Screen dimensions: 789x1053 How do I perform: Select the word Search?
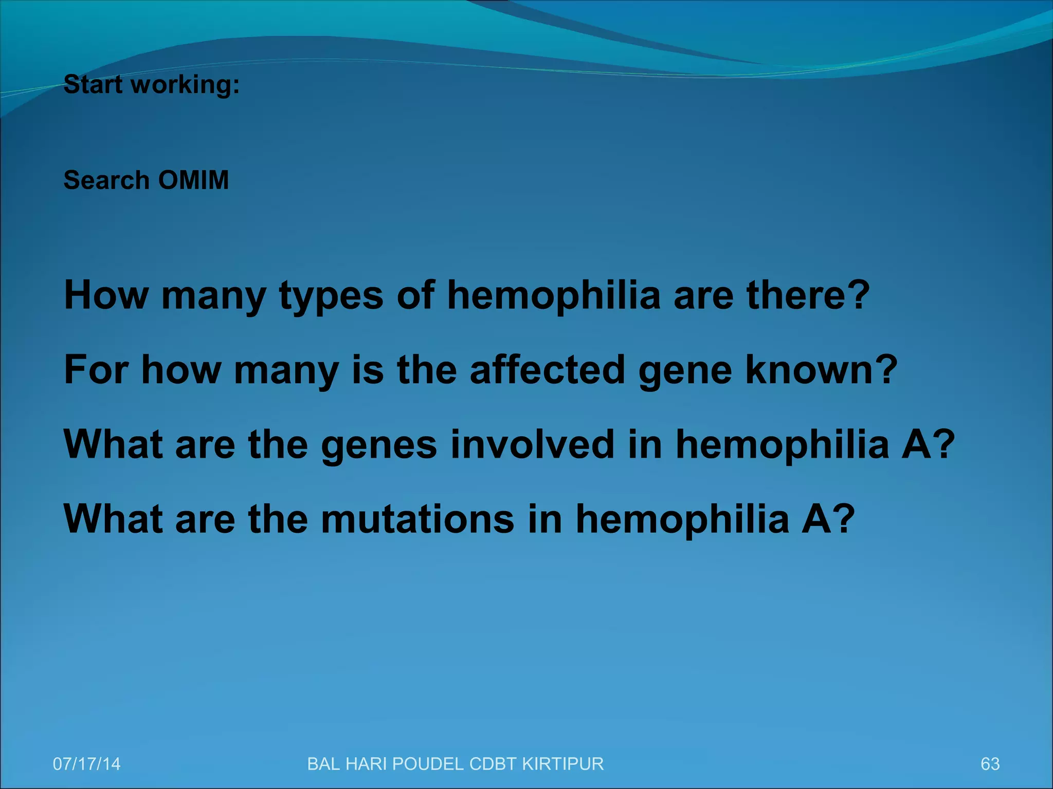coord(106,180)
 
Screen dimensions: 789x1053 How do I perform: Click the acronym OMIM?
coord(193,180)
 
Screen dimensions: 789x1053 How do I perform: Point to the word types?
coord(332,296)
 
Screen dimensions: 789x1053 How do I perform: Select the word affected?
coord(548,370)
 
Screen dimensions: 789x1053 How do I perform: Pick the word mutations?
coord(417,519)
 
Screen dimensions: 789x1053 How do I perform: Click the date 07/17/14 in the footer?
coord(86,764)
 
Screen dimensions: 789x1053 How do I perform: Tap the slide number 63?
coord(990,764)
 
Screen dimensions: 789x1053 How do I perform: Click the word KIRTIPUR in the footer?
coord(562,764)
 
